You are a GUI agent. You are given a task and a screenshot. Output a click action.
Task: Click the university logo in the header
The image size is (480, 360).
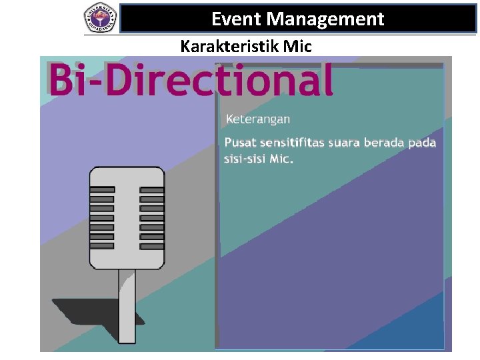(100, 18)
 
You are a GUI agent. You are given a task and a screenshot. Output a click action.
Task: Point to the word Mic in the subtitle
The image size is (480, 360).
(297, 47)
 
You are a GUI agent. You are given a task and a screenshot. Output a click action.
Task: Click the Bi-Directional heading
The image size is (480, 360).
(191, 80)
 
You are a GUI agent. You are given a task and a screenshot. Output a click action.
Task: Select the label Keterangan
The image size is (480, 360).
(258, 119)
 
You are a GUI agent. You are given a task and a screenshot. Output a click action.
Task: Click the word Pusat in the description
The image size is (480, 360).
(239, 143)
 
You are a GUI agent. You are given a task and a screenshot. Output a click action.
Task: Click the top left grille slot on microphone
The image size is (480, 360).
(102, 190)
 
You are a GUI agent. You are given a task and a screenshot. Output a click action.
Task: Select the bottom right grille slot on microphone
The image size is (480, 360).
(151, 245)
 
